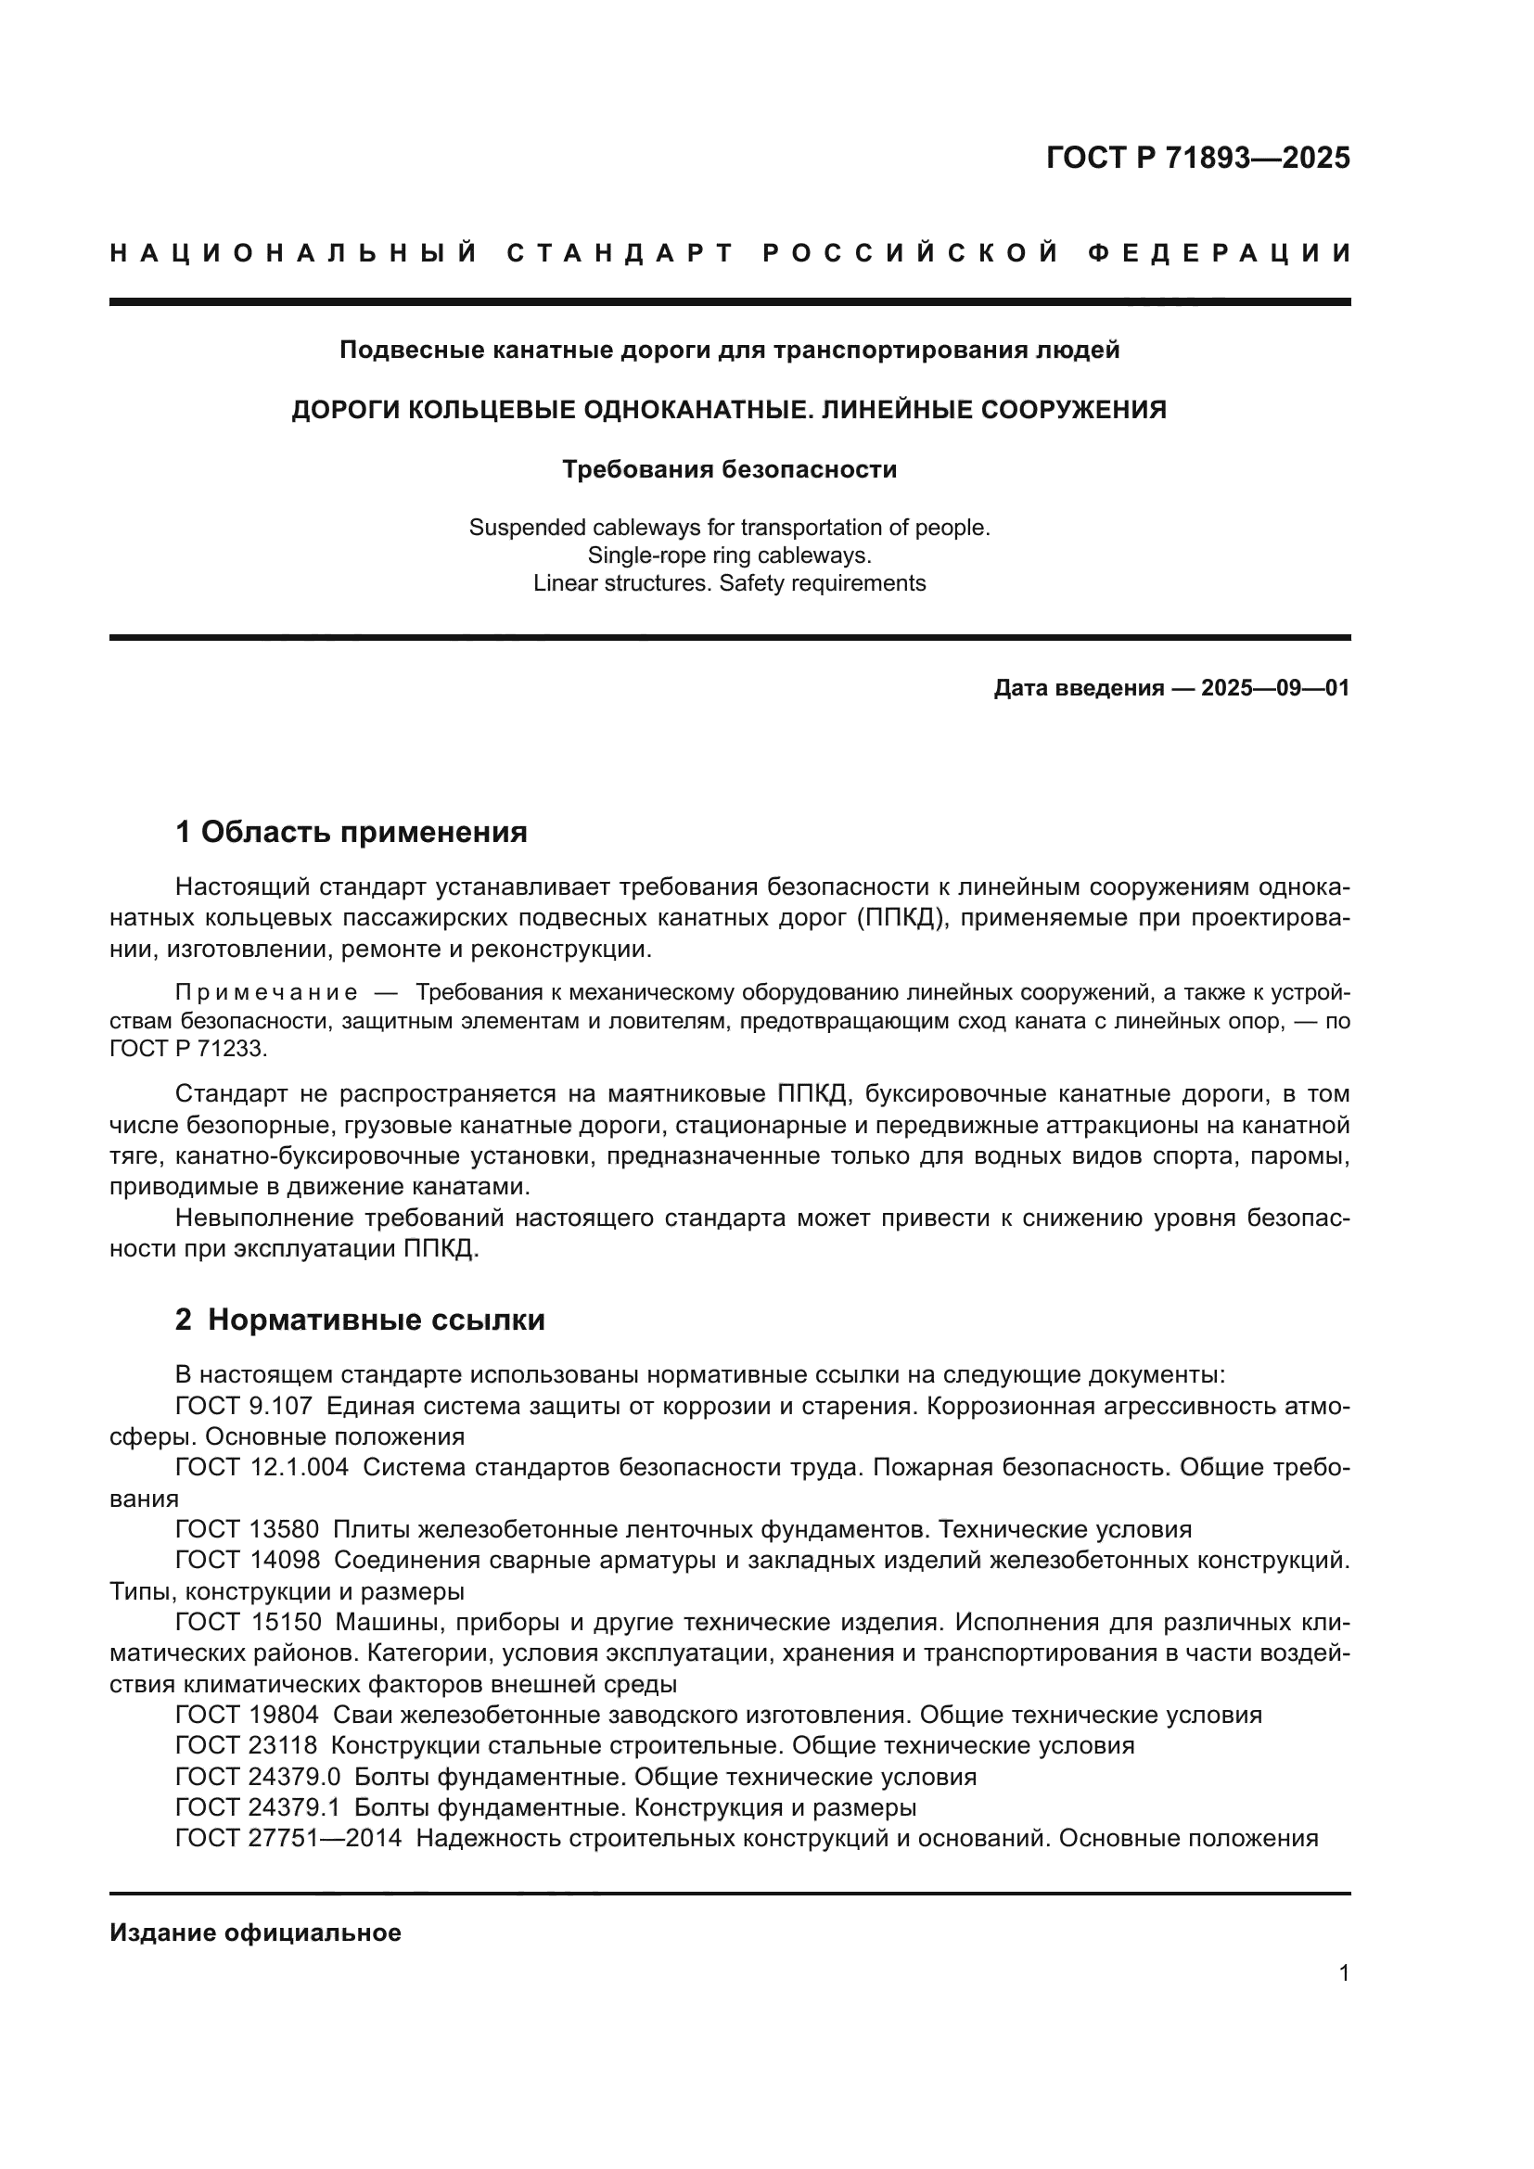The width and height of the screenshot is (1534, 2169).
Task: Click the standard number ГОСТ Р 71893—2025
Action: coord(1196,158)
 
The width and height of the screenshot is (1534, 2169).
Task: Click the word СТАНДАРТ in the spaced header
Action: coord(620,253)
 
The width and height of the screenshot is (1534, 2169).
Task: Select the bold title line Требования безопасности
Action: coord(729,468)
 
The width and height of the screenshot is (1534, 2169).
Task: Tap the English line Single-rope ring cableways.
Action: coord(729,555)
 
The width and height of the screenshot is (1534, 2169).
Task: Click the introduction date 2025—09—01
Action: coord(1275,688)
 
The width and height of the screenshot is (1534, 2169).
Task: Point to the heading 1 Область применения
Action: coord(351,832)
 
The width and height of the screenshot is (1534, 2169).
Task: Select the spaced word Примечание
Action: coord(266,993)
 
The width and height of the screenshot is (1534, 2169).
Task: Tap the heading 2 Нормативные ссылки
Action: coord(360,1320)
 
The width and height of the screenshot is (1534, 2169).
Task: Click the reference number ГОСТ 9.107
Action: coord(244,1406)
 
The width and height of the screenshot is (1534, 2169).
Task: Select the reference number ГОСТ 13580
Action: coord(248,1529)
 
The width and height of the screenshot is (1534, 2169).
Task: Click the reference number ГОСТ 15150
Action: coord(249,1622)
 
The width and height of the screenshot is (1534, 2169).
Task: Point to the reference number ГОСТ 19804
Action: coord(248,1715)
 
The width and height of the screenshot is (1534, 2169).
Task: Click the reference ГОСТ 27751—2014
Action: coord(288,1838)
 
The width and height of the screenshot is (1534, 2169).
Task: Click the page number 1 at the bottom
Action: coord(1343,1973)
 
